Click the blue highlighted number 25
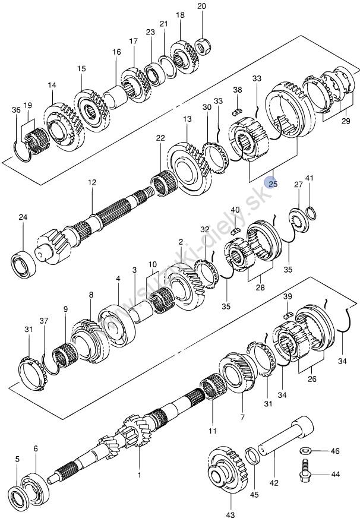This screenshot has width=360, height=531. pos(273,184)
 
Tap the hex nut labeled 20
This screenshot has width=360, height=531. pos(204,46)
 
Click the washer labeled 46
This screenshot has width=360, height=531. pos(305,451)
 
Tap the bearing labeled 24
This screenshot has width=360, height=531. pos(23,263)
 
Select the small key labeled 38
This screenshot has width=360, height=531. pos(238,110)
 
